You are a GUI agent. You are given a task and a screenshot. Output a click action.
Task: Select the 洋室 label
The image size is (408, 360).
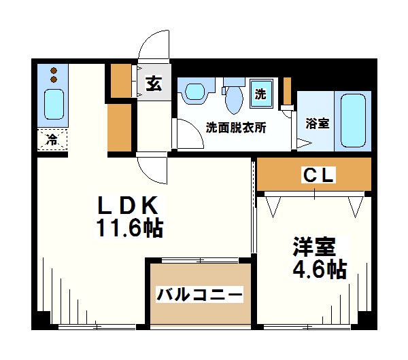tap(315, 245)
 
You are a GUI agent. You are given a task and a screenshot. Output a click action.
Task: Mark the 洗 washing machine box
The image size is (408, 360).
tap(261, 94)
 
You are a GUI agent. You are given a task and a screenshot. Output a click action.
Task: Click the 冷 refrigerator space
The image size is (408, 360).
tap(52, 140)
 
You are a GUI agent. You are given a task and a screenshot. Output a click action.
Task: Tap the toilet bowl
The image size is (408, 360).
tap(234, 98)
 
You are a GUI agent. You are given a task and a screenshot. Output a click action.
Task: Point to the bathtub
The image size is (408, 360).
tap(353, 120)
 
